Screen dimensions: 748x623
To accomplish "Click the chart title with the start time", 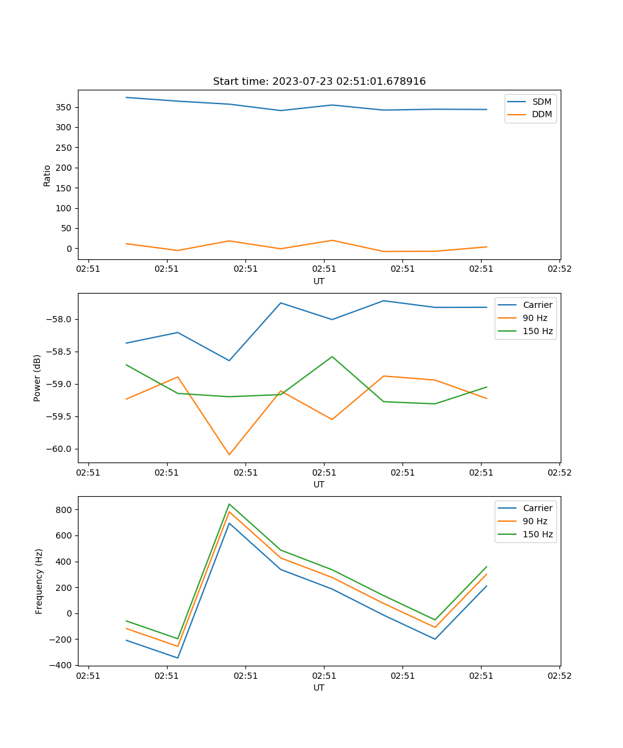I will [x=319, y=82].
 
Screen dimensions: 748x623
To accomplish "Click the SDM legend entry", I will [x=541, y=102].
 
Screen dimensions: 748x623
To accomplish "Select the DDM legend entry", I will [x=541, y=114].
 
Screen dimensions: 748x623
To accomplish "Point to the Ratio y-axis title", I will [x=47, y=175].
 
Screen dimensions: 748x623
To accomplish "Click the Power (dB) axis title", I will [x=37, y=378].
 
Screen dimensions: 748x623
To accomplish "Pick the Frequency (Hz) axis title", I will [x=39, y=581].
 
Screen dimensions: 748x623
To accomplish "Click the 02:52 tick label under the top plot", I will [x=559, y=269].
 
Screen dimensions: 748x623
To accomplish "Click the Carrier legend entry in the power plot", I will [x=537, y=305].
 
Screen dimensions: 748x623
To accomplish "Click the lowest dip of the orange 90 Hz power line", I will [x=229, y=454].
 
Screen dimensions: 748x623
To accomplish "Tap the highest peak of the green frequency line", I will [x=229, y=504].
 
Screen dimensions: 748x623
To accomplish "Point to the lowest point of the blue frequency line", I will [x=178, y=658].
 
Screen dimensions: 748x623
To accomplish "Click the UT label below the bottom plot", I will [x=319, y=688].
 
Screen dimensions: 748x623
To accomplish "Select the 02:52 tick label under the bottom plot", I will [x=559, y=676].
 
